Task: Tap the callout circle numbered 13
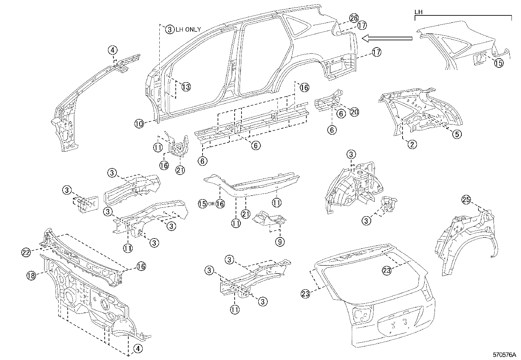tap(186, 87)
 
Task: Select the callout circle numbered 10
tap(139, 123)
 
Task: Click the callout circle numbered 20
tap(354, 112)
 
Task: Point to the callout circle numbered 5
tap(457, 134)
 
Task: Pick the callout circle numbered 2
tap(412, 144)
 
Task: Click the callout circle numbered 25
tap(466, 199)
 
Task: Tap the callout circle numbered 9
tap(280, 242)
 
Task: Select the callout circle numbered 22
tap(26, 252)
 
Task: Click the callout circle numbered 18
tap(31, 275)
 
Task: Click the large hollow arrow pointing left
tap(386, 39)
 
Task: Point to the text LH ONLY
tap(188, 29)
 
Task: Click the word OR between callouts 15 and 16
tap(211, 204)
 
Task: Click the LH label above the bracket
tap(418, 12)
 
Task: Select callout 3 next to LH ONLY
tap(170, 29)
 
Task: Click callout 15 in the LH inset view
tap(498, 63)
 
